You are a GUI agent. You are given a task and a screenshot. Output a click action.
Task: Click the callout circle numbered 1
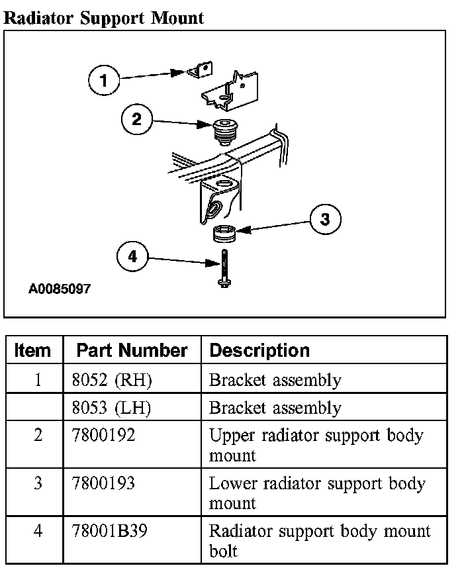[103, 81]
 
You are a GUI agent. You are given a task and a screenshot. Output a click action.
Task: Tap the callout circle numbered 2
[137, 120]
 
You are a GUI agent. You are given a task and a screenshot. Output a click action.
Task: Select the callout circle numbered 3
[325, 219]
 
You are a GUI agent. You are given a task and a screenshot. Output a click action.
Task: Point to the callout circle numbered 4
[132, 257]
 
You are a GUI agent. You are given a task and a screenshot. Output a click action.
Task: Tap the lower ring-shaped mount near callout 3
[224, 233]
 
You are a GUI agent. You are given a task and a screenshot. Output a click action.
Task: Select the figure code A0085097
[60, 289]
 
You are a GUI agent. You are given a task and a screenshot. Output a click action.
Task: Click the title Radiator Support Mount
[104, 18]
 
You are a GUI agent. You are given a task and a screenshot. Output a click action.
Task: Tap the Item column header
[32, 350]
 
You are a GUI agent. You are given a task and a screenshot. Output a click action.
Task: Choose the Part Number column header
[132, 350]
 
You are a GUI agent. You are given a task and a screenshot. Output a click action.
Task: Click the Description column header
[259, 350]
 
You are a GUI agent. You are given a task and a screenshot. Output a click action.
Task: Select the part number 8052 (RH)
[111, 380]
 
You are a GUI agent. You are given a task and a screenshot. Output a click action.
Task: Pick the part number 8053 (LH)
[111, 408]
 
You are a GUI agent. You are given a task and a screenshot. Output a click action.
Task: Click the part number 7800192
[103, 436]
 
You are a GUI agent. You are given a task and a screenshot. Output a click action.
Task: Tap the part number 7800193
[103, 483]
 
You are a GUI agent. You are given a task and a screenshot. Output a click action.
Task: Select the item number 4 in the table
[38, 531]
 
